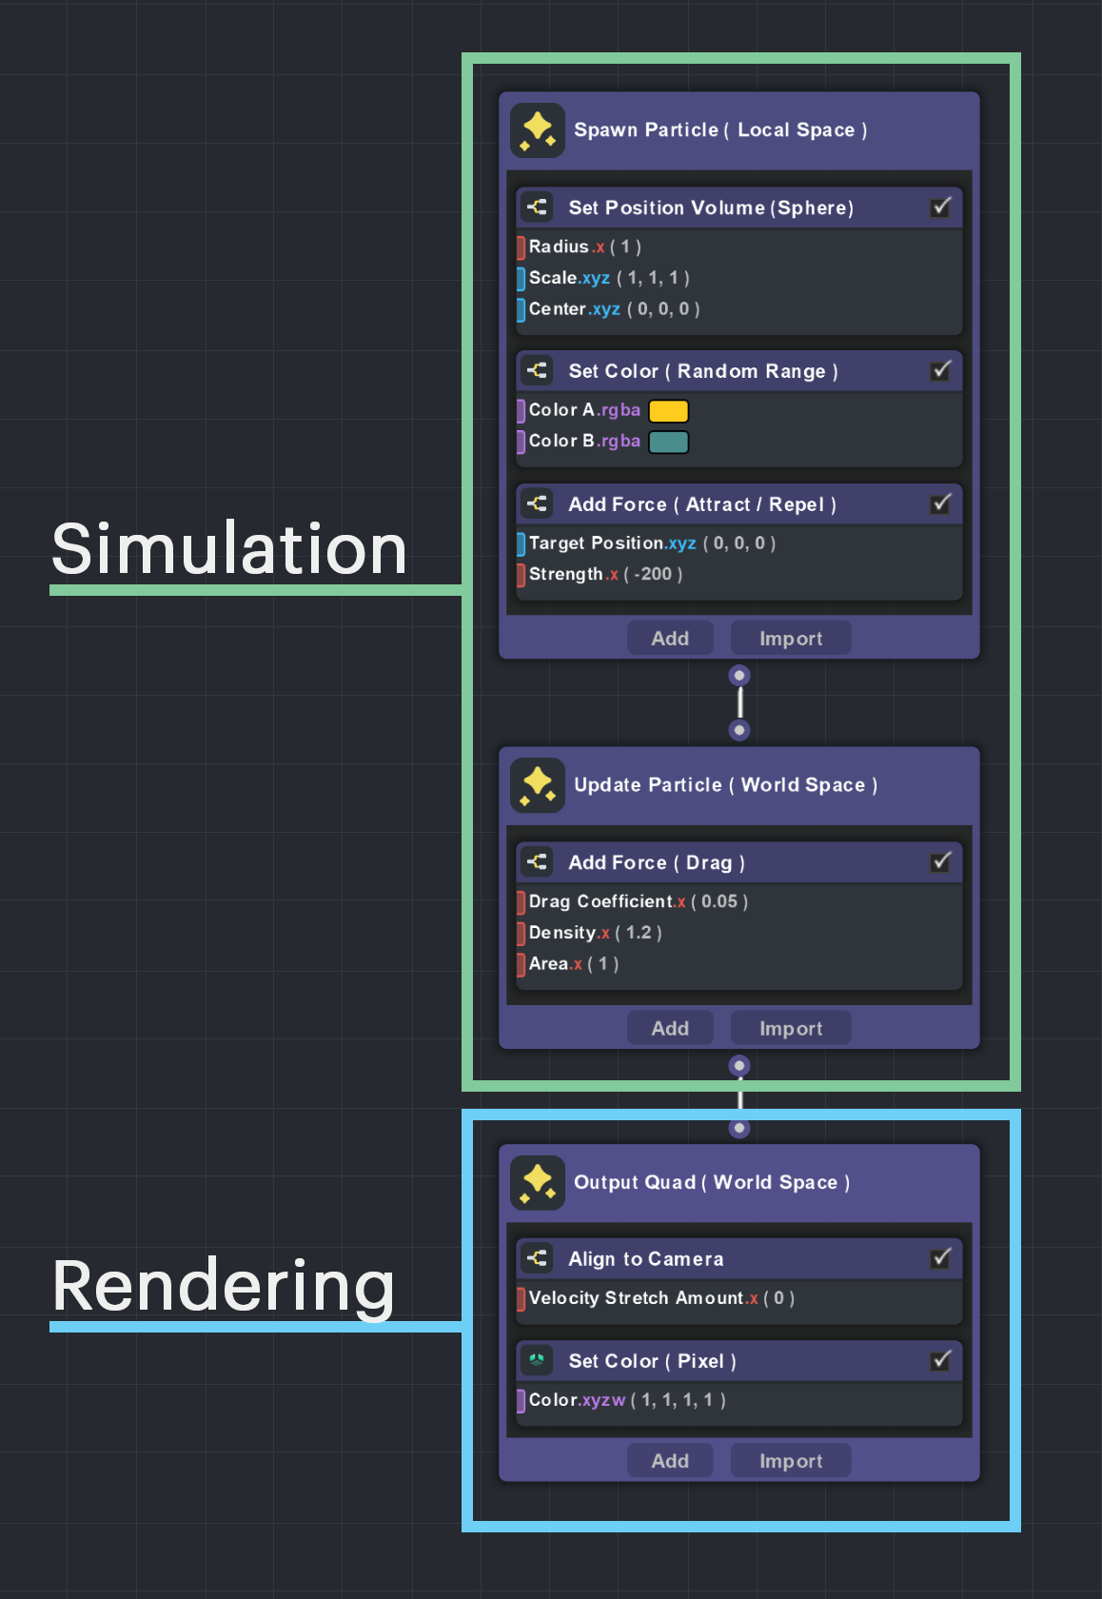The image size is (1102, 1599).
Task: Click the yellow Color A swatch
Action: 668,411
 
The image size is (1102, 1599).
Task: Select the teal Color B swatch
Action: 668,443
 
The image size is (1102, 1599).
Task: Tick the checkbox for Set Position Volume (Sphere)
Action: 940,207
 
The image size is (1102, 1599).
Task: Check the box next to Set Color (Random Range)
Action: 940,370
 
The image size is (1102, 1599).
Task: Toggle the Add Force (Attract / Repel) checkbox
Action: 940,503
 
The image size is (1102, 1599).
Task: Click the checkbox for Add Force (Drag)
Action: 940,861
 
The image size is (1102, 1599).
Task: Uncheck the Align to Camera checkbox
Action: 940,1258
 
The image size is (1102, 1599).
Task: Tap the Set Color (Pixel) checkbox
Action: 940,1360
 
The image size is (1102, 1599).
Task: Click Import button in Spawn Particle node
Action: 790,639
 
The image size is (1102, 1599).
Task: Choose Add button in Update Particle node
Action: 670,1028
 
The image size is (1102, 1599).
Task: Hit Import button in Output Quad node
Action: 790,1461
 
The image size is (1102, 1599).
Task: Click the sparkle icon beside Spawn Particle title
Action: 538,130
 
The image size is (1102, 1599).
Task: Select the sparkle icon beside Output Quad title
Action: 538,1183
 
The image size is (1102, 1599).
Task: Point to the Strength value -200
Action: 655,575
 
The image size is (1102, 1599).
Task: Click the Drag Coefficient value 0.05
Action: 719,901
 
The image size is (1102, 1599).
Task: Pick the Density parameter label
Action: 562,933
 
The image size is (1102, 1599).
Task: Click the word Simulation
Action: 229,549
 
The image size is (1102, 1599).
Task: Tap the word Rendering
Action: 224,1286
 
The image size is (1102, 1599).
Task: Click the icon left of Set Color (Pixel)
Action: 537,1360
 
